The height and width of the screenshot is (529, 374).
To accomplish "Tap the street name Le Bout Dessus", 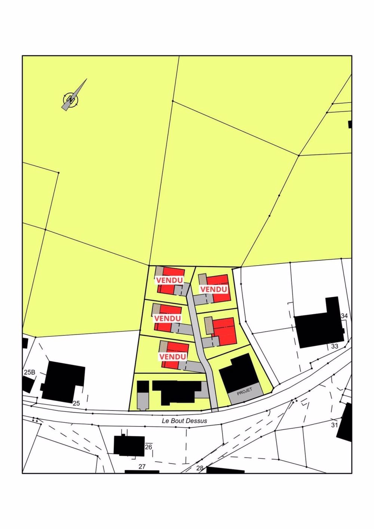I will [x=184, y=421].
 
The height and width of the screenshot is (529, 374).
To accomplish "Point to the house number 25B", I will [x=30, y=372].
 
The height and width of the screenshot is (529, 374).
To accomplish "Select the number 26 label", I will [x=148, y=447].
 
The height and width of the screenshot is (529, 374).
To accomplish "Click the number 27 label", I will [x=142, y=467].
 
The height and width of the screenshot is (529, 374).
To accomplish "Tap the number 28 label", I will [x=200, y=468].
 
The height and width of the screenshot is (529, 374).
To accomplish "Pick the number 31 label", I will [x=334, y=425].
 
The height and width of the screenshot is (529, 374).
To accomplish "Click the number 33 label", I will [x=335, y=346].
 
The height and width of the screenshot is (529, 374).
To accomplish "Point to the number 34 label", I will [x=344, y=316].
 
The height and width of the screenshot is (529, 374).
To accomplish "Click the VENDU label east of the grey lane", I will [x=214, y=289].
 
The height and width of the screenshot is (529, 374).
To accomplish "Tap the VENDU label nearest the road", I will [x=172, y=357].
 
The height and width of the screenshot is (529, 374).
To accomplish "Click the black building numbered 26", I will [x=129, y=446].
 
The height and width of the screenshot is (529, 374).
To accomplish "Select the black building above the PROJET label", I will [x=238, y=372].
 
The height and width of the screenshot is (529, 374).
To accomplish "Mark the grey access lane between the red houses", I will [x=198, y=337].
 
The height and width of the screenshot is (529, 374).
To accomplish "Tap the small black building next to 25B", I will [x=27, y=384].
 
